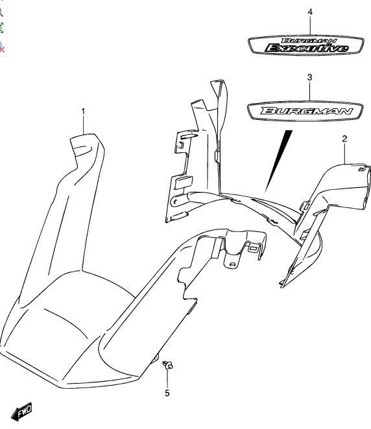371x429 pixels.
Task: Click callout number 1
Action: (83, 111)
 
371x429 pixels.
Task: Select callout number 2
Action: (344, 139)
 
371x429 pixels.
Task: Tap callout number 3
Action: (309, 77)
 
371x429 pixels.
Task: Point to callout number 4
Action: (310, 12)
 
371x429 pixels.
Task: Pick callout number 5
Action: (167, 393)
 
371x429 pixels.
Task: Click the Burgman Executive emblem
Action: (306, 45)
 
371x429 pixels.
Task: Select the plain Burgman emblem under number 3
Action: (305, 111)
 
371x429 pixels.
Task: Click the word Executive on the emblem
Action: (307, 48)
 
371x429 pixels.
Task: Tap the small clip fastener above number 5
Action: (167, 365)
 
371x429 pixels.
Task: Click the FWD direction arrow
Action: (22, 412)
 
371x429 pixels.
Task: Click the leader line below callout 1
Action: (83, 125)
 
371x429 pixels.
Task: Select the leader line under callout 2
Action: (344, 154)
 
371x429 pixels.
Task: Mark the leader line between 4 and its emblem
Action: (310, 25)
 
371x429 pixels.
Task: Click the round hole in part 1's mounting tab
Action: (232, 264)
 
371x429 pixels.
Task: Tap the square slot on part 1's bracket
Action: (252, 248)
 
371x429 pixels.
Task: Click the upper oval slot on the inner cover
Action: (188, 136)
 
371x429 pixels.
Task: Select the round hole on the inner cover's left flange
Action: (174, 202)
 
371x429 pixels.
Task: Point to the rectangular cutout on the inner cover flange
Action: (184, 183)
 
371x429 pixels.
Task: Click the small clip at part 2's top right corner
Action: (362, 169)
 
